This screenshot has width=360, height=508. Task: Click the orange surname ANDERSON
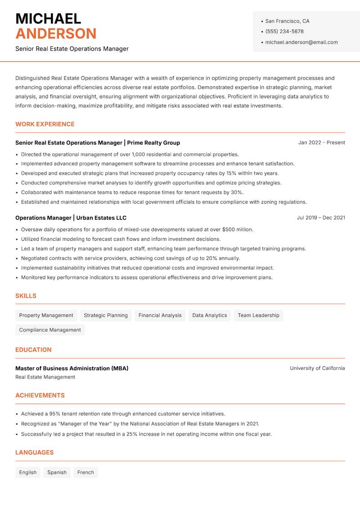point(56,34)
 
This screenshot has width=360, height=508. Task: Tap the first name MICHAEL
point(48,19)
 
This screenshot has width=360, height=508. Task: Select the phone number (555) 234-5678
point(284,31)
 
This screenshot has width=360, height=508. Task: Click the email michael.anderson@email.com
point(301,42)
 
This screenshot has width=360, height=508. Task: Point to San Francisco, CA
point(287,21)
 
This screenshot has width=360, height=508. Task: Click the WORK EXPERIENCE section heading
point(45,124)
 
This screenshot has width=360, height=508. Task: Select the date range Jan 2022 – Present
point(321,143)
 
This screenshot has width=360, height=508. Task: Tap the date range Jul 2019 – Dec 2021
point(321,218)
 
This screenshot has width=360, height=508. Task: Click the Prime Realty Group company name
point(153,143)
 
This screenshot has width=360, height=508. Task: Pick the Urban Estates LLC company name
point(101,218)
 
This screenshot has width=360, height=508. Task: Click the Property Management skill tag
point(46,315)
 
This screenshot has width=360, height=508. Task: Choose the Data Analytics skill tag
point(210,315)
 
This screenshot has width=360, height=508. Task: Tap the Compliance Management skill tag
point(50,330)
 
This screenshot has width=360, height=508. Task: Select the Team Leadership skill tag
point(258,315)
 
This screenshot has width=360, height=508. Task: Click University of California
point(317,368)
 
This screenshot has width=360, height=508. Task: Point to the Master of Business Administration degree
point(72,368)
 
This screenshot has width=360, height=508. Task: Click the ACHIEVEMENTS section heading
point(40,395)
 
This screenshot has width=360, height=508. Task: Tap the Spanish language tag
point(57,472)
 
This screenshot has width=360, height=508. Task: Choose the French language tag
point(85,472)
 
